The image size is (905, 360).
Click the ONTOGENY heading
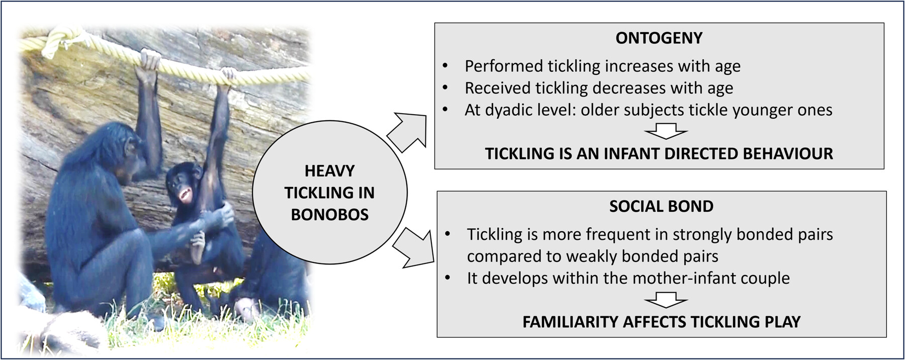pyautogui.click(x=659, y=38)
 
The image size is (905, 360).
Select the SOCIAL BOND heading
pyautogui.click(x=661, y=206)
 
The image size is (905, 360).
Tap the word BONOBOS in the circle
pyautogui.click(x=330, y=215)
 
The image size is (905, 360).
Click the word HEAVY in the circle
pyautogui.click(x=330, y=171)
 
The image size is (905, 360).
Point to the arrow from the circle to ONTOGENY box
pyautogui.click(x=407, y=132)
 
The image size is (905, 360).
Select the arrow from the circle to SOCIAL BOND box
pyautogui.click(x=413, y=247)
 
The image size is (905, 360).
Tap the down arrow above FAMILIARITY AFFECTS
pyautogui.click(x=666, y=300)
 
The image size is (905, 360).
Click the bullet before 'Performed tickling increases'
pyautogui.click(x=445, y=66)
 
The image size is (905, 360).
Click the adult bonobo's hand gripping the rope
pyautogui.click(x=149, y=60)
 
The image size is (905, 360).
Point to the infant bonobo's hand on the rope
pyautogui.click(x=229, y=75)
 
